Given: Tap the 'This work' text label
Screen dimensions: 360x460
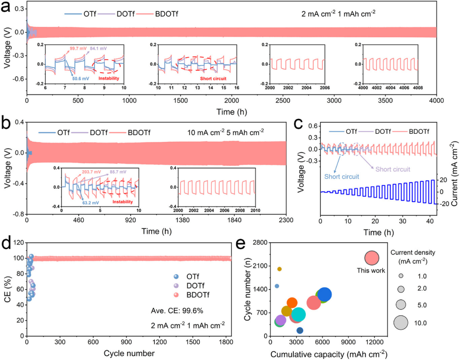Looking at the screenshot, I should (368, 270).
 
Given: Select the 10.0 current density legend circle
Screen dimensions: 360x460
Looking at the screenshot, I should (401, 323).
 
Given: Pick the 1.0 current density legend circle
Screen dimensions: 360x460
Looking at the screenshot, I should (401, 276).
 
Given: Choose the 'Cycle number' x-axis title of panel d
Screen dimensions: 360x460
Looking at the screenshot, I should (129, 353).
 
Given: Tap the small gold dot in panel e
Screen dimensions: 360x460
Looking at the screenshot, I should (279, 269).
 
